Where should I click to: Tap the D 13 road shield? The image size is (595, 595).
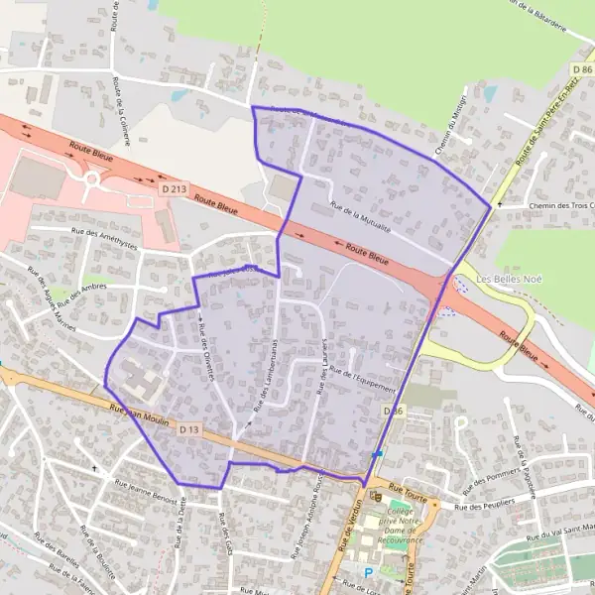pos(191,429)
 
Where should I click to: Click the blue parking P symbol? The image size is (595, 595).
pos(369,572)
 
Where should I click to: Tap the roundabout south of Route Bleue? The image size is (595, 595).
pos(98,179)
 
